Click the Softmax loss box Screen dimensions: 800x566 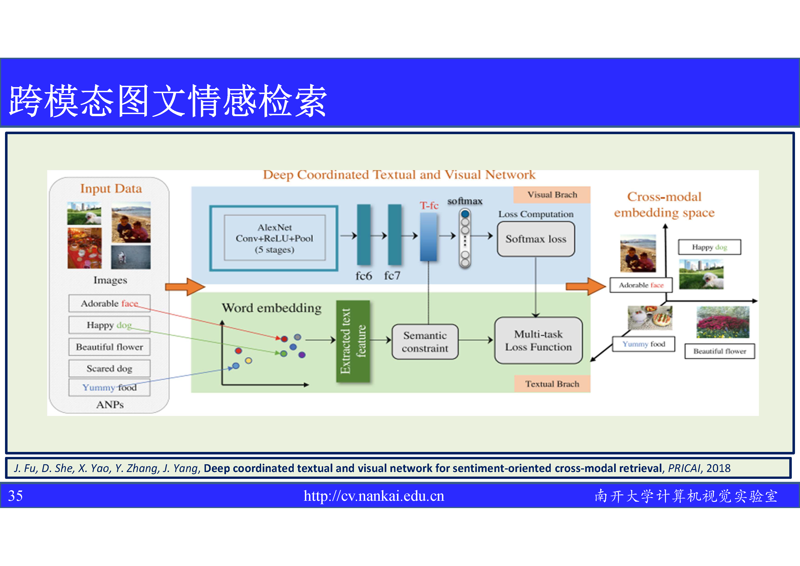coord(536,239)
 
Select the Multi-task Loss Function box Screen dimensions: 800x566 coord(538,341)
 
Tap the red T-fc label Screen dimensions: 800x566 coord(429,205)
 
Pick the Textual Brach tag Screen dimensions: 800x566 coord(552,384)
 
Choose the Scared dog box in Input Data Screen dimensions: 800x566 coord(109,368)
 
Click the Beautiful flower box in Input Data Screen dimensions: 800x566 coord(109,347)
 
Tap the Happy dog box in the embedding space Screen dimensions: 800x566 coord(709,247)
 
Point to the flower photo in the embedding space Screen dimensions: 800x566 coord(723,322)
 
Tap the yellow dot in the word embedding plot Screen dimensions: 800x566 coord(248,361)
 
